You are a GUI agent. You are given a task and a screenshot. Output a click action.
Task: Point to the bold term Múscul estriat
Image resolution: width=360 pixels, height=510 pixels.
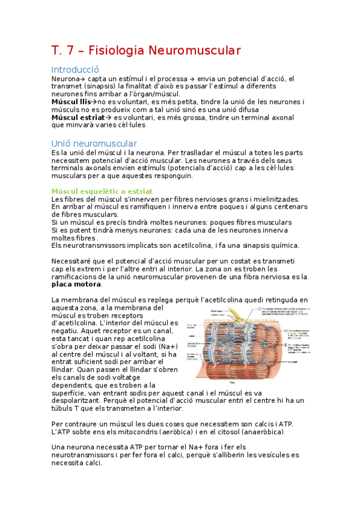[78, 117]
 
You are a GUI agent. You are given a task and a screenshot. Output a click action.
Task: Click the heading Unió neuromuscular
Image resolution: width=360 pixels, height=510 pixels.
[94, 144]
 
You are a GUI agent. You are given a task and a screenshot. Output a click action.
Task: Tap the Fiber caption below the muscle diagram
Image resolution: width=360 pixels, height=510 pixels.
[233, 381]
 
